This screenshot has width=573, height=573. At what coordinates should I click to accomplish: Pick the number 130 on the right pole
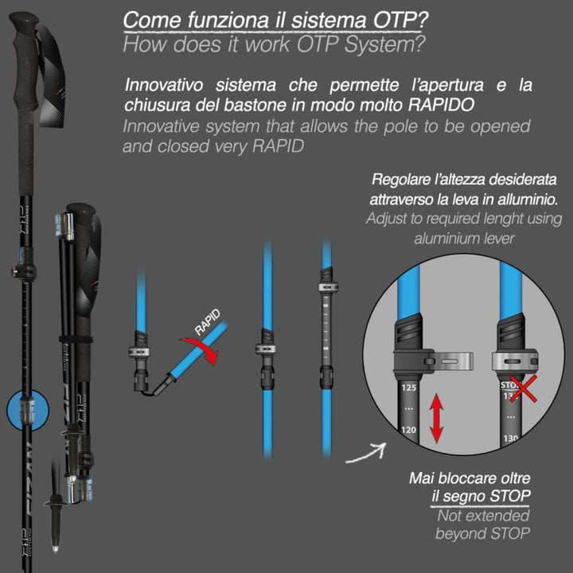tap(510, 438)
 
